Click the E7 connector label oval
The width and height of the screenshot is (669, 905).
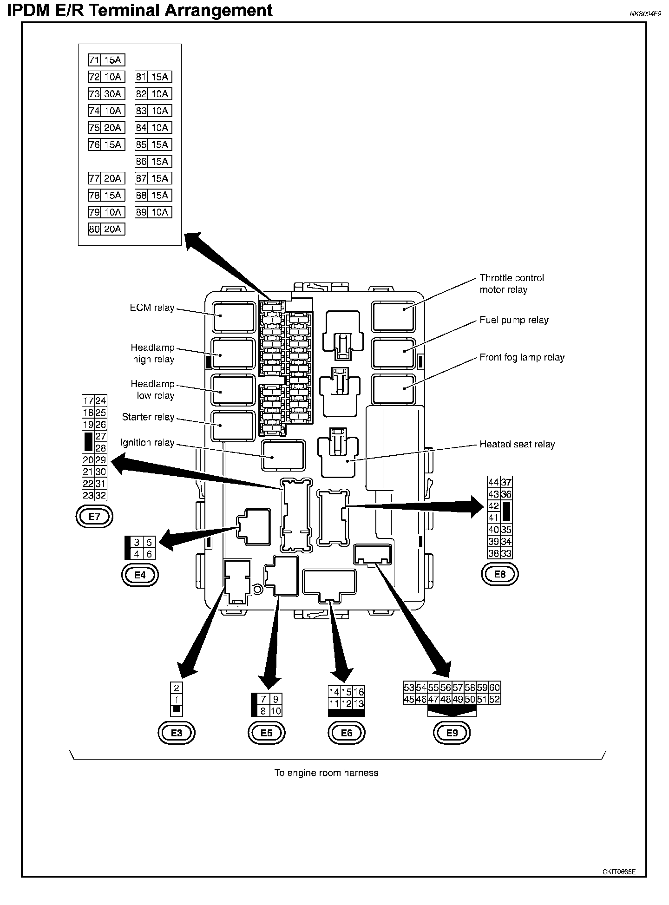point(94,516)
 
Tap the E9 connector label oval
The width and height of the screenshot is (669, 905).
point(452,733)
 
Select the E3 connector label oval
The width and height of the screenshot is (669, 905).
point(177,733)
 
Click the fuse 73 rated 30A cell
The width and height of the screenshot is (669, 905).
point(106,94)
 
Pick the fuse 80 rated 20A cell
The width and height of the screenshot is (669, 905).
point(106,229)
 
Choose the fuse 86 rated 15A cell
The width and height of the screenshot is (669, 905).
point(153,161)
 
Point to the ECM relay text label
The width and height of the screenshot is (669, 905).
point(152,308)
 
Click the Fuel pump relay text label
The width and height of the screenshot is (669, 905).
point(514,320)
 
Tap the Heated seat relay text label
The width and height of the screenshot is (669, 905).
point(517,445)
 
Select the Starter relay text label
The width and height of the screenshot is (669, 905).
point(148,417)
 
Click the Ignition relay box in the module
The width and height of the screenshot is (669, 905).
point(283,455)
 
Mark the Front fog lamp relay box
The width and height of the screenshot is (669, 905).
point(393,389)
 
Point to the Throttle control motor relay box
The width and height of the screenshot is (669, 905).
point(393,317)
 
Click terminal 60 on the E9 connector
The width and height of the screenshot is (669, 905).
point(495,688)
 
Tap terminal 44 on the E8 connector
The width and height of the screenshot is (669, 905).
point(493,482)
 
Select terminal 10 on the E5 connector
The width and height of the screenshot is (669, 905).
point(275,711)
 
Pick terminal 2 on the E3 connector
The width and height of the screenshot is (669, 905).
point(177,688)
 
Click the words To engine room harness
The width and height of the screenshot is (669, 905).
point(326,773)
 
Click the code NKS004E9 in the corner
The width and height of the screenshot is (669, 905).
point(645,14)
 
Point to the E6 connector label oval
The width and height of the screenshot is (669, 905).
point(347,733)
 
